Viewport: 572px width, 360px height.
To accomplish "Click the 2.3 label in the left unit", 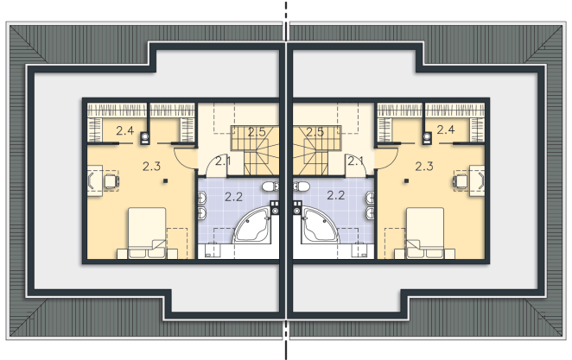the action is click(x=151, y=167).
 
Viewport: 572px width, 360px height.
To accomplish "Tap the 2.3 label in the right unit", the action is click(x=424, y=167).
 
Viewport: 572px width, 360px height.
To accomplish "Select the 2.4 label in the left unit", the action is click(x=125, y=130).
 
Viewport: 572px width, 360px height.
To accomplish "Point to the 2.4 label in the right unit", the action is click(x=446, y=129).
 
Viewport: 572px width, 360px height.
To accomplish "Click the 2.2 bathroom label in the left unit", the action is click(x=233, y=197).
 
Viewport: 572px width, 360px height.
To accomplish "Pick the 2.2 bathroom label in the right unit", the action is click(x=335, y=195).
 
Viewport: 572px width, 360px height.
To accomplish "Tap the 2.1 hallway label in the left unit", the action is click(x=223, y=161).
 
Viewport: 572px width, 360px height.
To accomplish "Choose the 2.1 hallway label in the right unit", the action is click(x=355, y=161).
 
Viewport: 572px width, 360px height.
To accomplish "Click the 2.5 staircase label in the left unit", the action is click(x=257, y=132).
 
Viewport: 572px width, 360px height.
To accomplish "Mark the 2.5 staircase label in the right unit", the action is click(x=315, y=132).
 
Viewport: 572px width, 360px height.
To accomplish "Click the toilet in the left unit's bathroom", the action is click(x=270, y=187).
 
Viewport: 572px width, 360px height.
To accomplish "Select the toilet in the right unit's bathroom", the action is click(x=302, y=187).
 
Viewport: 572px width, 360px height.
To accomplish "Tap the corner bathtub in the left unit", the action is click(x=251, y=225).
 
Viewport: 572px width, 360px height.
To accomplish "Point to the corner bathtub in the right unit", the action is click(x=321, y=225).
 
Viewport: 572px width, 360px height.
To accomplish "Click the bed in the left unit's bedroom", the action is click(x=147, y=233).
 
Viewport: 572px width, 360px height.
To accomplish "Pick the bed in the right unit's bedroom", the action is click(x=425, y=233).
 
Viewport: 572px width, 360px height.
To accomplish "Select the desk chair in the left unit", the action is click(x=111, y=180).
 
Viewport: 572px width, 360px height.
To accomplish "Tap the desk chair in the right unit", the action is click(x=461, y=180).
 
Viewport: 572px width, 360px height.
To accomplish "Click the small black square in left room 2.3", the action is click(x=165, y=180).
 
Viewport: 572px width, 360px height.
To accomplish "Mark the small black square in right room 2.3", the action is click(x=406, y=180).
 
